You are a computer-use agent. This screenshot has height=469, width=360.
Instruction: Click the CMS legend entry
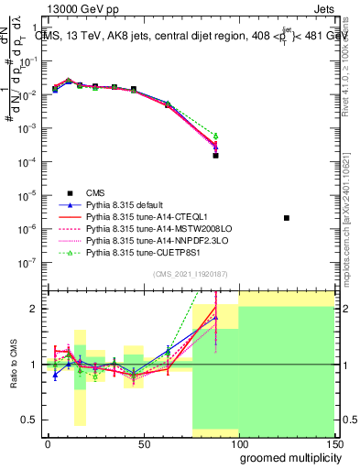click(x=95, y=192)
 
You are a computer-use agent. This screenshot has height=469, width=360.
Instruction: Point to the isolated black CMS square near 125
click(x=287, y=218)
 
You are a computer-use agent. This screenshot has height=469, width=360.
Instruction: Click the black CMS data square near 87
click(x=215, y=156)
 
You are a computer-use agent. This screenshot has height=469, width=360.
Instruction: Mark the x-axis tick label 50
click(x=142, y=443)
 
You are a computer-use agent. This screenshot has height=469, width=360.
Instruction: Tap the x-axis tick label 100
click(x=238, y=443)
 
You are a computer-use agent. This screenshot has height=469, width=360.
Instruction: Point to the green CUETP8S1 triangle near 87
click(x=215, y=136)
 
